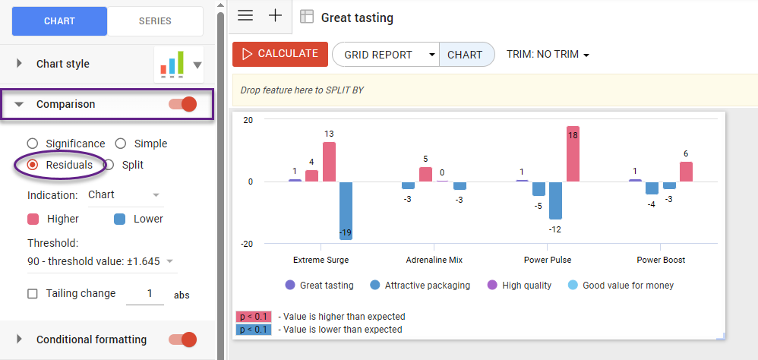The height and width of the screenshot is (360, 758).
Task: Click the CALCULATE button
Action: point(280,54)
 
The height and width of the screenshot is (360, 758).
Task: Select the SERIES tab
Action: point(155,21)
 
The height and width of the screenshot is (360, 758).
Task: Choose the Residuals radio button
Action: point(33,165)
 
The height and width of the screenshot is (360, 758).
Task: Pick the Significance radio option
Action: point(33,144)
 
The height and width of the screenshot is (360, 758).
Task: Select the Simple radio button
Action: point(121,144)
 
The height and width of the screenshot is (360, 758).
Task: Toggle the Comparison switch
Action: point(182,104)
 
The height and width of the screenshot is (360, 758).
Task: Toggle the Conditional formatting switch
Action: point(182,339)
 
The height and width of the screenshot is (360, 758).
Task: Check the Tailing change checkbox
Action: point(33,294)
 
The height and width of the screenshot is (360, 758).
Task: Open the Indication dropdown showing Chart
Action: point(125,195)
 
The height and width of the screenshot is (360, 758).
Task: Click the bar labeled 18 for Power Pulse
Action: point(573,153)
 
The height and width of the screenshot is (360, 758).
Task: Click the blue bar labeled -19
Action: point(346,210)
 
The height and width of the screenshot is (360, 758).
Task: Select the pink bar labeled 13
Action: point(329,161)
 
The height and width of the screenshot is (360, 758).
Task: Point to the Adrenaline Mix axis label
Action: point(434,260)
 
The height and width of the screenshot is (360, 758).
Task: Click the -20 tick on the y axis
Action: point(248,244)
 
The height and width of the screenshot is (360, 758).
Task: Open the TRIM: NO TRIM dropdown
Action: point(548,55)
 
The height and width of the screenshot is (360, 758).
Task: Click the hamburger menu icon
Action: point(245,16)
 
